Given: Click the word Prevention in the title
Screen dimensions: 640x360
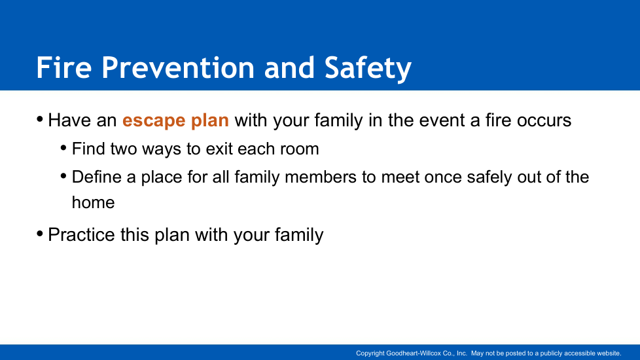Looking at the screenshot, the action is point(179,67).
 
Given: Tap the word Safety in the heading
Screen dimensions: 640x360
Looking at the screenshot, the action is point(368,69).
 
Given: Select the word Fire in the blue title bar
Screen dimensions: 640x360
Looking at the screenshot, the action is point(64,67).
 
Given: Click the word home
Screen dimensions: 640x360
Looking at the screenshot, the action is point(93,202).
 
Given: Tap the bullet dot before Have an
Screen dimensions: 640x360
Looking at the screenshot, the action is point(40,120).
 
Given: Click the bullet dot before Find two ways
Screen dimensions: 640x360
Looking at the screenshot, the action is point(63,148).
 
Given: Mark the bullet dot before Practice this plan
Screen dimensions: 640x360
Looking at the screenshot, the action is point(40,234).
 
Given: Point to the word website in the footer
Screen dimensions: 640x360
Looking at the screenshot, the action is point(609,353).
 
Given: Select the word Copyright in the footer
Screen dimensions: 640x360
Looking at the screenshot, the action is point(370,353).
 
